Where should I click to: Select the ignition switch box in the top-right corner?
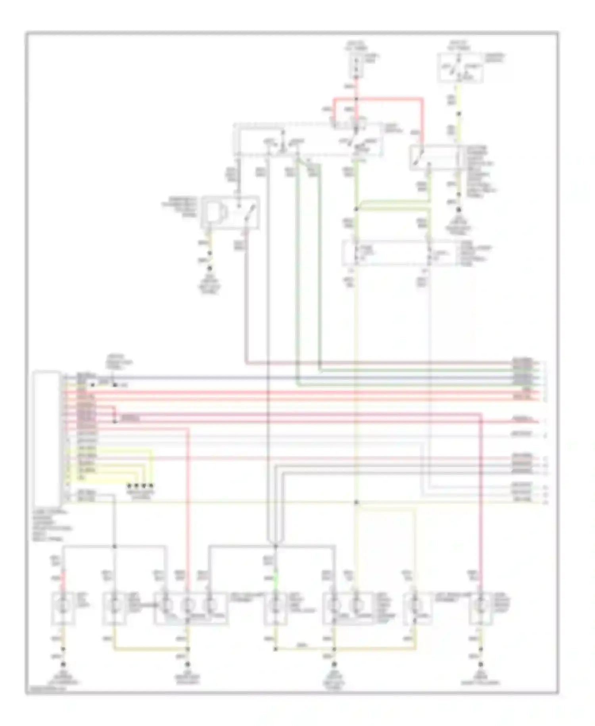point(460,68)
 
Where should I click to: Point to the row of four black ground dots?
point(140,485)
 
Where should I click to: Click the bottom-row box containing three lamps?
point(190,608)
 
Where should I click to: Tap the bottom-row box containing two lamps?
point(348,608)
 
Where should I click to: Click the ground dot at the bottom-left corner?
point(62,664)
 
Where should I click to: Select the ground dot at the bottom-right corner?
point(481,664)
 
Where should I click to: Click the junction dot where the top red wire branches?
point(356,98)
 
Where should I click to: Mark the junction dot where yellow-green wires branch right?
point(356,209)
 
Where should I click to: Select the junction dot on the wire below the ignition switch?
point(459,114)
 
